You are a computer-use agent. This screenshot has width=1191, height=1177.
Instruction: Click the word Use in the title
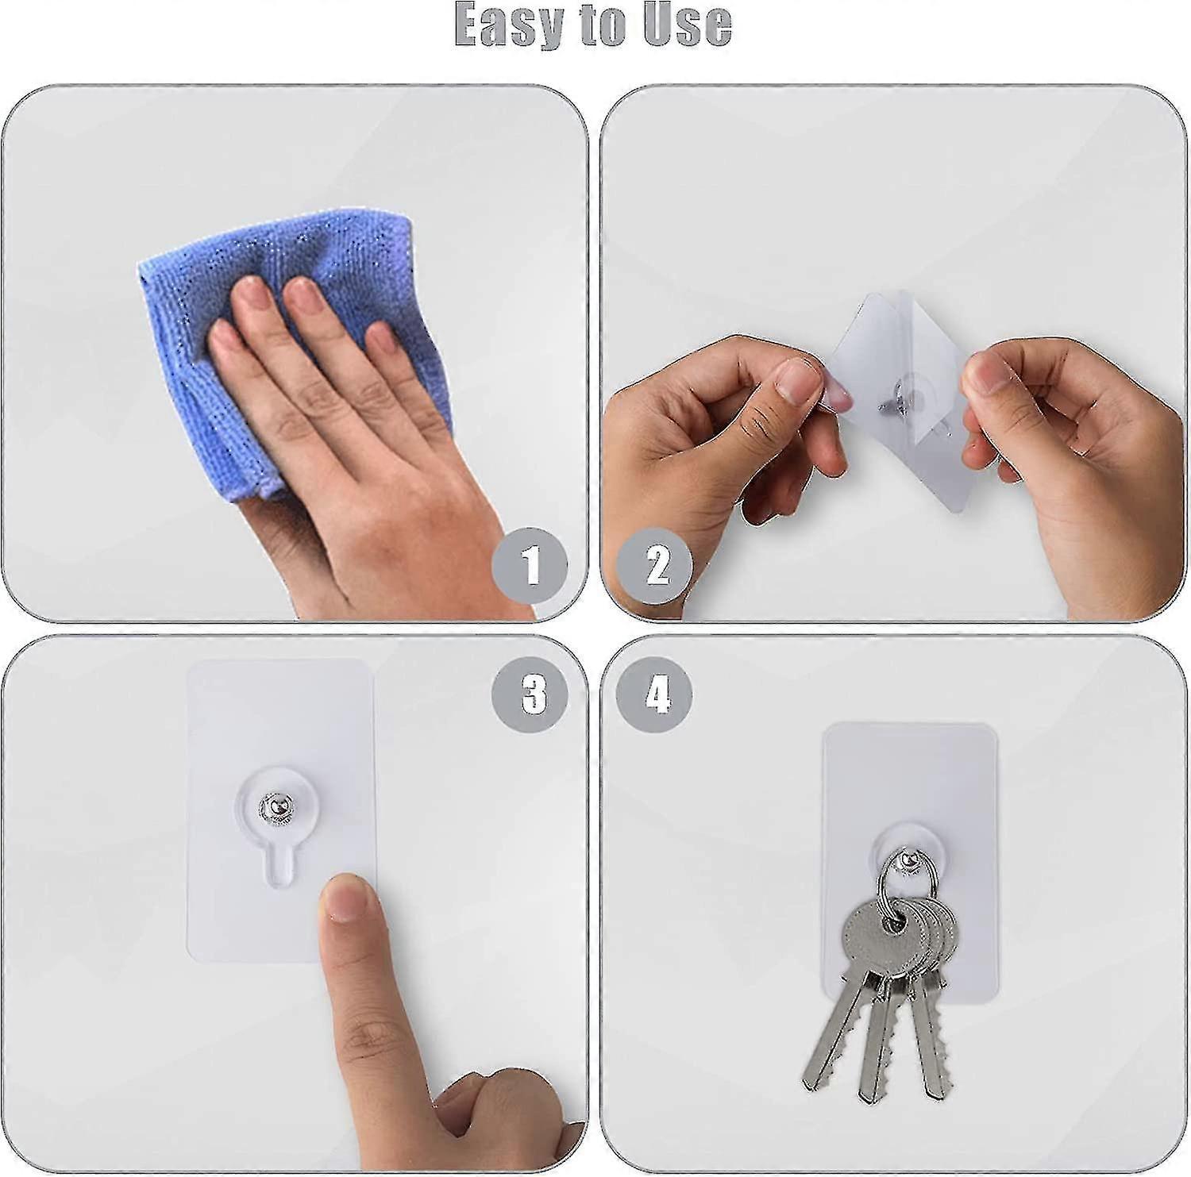click(687, 24)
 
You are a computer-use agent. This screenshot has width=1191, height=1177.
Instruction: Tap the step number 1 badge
click(530, 566)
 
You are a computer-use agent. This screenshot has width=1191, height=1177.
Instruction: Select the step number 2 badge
click(656, 566)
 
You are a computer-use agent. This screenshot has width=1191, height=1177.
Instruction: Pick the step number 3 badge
click(533, 694)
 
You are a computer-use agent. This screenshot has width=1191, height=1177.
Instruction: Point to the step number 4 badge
click(655, 695)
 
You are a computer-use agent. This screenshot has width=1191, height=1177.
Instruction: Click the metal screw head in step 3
click(272, 807)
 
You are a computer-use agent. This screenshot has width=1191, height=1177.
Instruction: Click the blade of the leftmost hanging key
click(826, 1032)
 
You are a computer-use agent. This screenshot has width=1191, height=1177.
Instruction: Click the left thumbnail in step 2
click(800, 379)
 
